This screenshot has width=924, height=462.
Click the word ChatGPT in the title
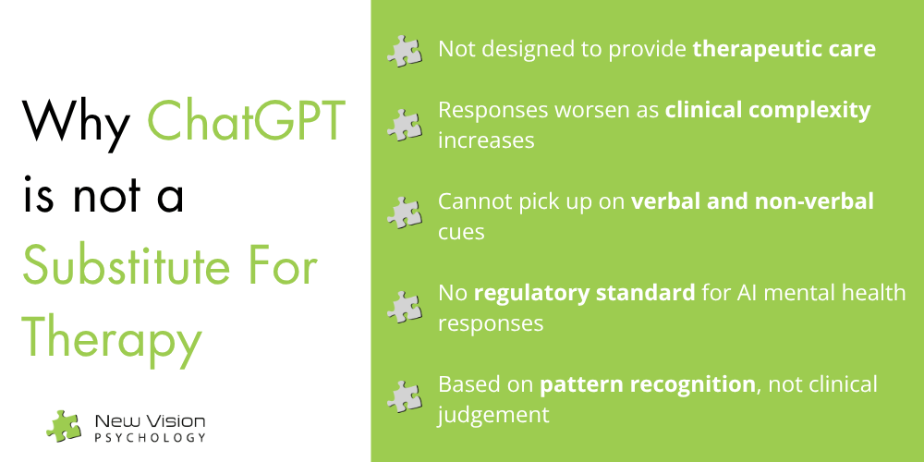click(247, 121)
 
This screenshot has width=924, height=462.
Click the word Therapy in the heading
click(113, 344)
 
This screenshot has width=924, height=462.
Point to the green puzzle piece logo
click(64, 425)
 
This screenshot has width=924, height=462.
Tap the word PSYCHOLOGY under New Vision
click(151, 438)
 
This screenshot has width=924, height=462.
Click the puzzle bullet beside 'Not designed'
click(405, 51)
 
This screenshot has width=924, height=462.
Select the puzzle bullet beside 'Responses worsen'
click(405, 125)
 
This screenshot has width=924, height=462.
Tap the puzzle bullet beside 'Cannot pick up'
click(405, 213)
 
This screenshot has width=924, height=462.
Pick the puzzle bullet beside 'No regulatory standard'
click(405, 307)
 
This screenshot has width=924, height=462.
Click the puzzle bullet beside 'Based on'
click(405, 396)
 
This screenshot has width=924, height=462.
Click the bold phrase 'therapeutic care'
click(784, 50)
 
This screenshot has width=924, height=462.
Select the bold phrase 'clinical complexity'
click(768, 111)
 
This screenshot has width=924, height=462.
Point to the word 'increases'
click(486, 140)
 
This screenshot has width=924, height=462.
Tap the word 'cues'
click(461, 232)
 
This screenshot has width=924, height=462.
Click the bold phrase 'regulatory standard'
click(585, 294)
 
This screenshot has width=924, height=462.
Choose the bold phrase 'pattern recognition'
click(648, 384)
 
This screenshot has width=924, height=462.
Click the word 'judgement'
click(493, 416)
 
